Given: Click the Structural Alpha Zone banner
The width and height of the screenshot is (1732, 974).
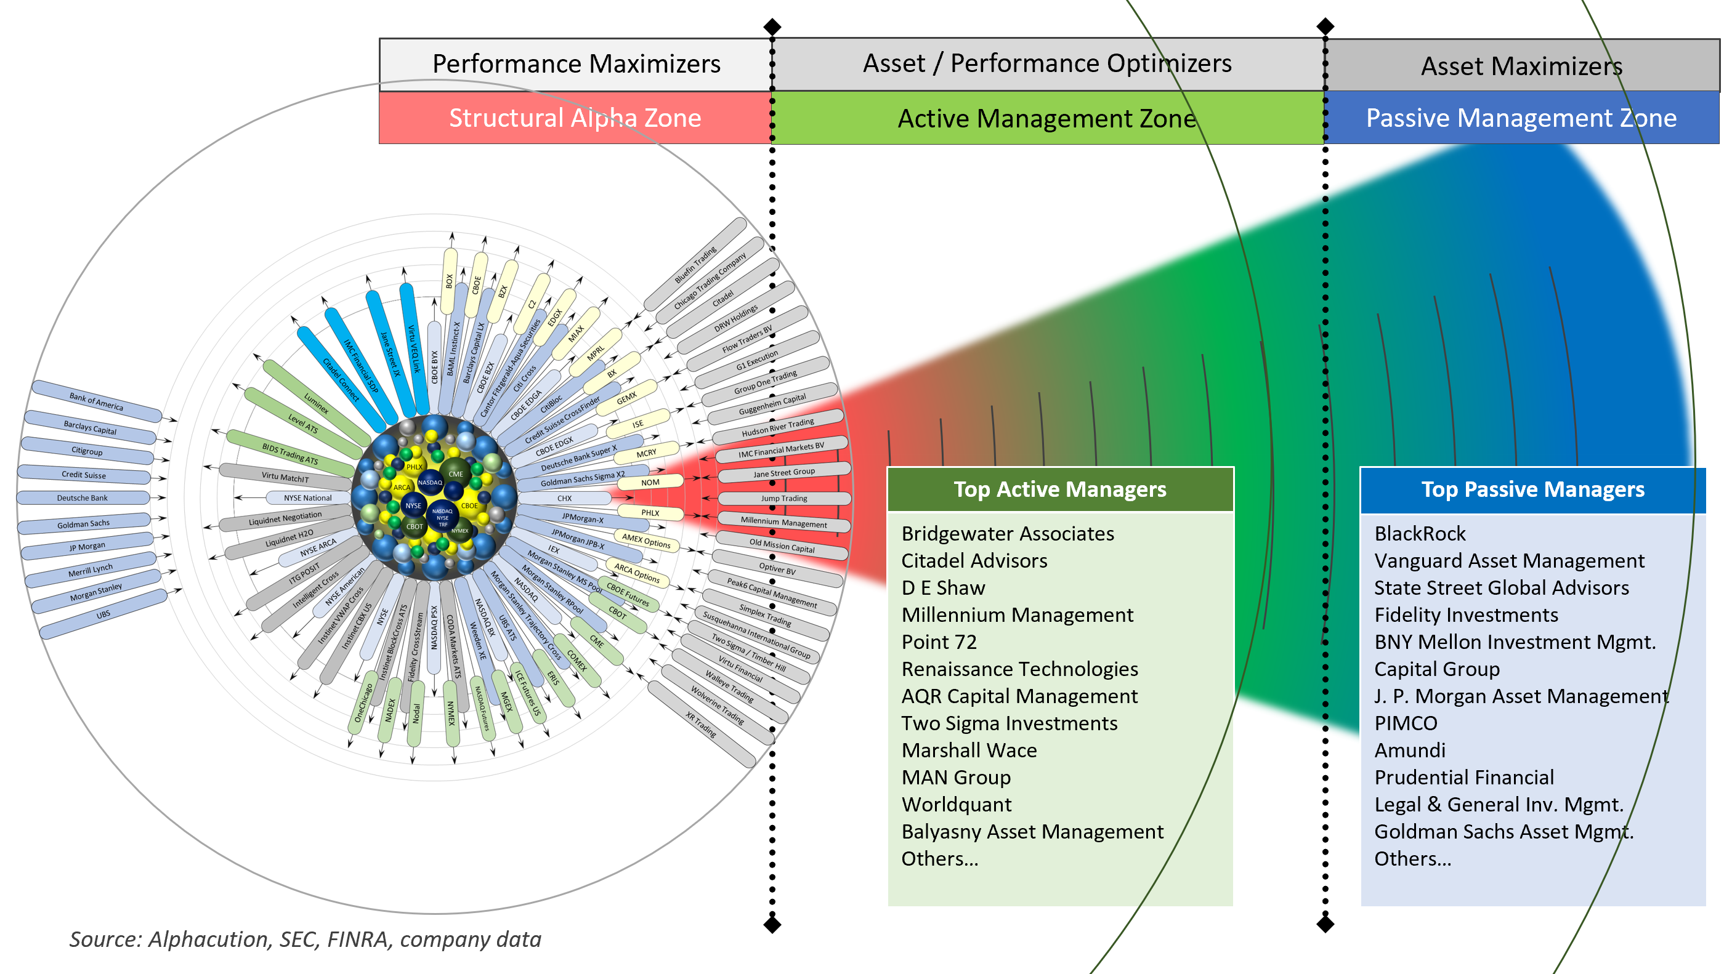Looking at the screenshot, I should [x=575, y=118].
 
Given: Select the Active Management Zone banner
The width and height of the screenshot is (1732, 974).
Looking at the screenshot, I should [x=1047, y=118].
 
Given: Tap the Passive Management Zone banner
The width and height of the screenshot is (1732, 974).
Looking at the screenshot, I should [x=1521, y=118].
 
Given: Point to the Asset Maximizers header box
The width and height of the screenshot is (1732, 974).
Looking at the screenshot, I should [x=1521, y=66].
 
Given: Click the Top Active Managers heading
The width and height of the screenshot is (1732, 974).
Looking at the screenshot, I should [x=1059, y=489].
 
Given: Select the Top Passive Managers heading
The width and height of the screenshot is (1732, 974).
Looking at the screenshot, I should [x=1532, y=489].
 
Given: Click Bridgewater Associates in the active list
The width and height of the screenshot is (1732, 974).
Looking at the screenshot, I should [x=1007, y=534].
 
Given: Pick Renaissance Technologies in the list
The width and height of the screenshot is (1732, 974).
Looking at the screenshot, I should [x=1019, y=669].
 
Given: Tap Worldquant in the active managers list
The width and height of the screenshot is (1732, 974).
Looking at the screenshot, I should [x=956, y=805].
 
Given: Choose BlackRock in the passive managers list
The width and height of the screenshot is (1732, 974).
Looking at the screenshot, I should [x=1419, y=534].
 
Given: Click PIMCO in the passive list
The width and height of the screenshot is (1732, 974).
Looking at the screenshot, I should [x=1405, y=723].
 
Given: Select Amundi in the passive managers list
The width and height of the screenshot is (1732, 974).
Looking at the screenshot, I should [x=1409, y=750].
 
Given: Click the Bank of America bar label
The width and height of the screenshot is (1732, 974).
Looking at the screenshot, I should [x=96, y=401].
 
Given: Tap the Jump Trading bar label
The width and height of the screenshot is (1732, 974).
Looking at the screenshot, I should [x=784, y=499].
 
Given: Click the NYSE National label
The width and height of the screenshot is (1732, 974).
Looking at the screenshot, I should [x=307, y=498].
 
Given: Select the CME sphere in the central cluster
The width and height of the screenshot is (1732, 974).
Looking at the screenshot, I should [x=456, y=473].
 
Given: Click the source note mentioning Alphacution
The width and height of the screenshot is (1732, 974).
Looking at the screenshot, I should [x=306, y=940].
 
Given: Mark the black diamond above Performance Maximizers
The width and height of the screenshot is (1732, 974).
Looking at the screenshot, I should [x=772, y=27].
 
